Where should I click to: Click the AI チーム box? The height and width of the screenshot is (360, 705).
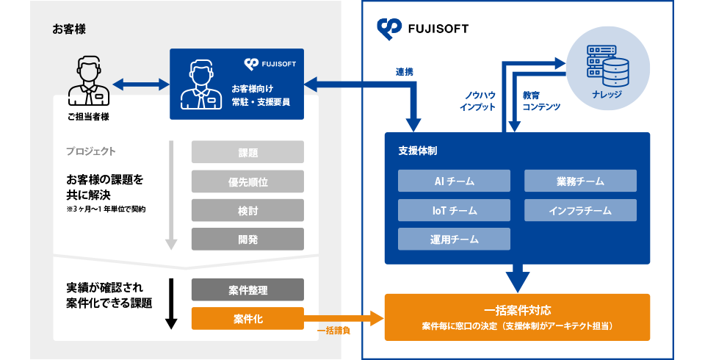[454, 181]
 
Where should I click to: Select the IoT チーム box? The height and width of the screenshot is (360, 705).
[454, 210]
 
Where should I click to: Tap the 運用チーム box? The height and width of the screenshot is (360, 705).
[454, 239]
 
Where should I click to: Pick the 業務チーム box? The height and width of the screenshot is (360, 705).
[580, 181]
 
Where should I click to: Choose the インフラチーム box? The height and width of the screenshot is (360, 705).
[580, 210]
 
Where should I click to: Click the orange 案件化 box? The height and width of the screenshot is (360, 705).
[247, 318]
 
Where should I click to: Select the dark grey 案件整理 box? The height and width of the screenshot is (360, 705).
[247, 289]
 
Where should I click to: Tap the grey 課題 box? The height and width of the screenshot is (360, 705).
[247, 152]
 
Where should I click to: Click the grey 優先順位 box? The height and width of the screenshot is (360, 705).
[247, 181]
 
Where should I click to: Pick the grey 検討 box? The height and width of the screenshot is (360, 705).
[247, 210]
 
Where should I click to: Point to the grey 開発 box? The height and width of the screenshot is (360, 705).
[247, 239]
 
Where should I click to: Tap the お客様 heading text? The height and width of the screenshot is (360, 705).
[69, 30]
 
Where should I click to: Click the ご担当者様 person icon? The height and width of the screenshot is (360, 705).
[87, 82]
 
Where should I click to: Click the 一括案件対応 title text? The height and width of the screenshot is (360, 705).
[517, 309]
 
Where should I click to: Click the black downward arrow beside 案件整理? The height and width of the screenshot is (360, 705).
[171, 301]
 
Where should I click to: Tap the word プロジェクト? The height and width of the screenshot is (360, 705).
[90, 151]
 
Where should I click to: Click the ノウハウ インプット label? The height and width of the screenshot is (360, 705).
[477, 101]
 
